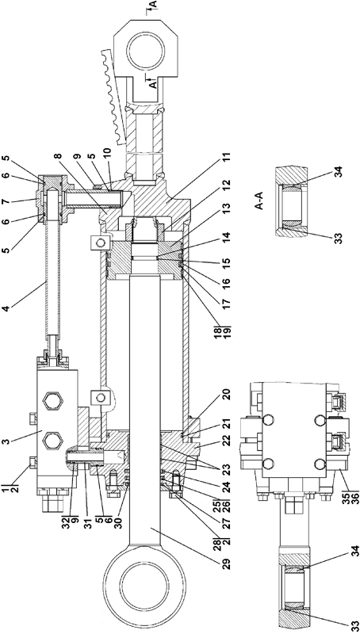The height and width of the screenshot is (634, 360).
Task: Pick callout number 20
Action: pyautogui.click(x=226, y=394)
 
